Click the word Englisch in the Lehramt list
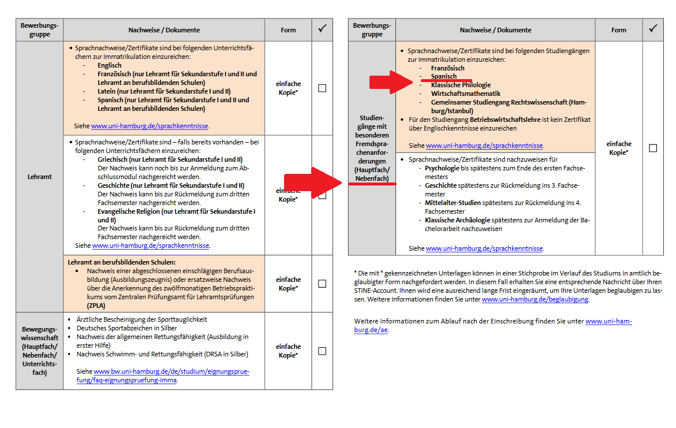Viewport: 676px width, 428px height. pos(109,66)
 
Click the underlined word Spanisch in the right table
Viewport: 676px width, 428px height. pos(443,76)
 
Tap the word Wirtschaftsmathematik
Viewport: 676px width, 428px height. pos(465,94)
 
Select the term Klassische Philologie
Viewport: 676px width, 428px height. pos(460,85)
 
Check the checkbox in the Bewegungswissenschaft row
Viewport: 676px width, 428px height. pos(322,351)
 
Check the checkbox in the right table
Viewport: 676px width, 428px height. pos(652,148)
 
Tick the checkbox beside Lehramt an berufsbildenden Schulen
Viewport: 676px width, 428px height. pos(322,284)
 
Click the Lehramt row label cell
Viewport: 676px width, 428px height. pos(39,177)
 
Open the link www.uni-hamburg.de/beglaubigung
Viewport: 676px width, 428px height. pos(535,299)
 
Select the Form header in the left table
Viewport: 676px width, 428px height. pos(288,30)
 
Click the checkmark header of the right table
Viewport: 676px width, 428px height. pos(653,29)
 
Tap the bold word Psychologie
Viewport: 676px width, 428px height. pos(442,168)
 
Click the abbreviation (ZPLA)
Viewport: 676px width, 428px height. pos(97,305)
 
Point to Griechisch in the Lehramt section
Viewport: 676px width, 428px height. pos(114,159)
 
